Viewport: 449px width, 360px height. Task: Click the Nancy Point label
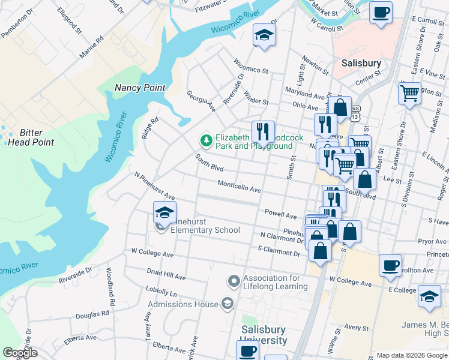pyautogui.click(x=140, y=88)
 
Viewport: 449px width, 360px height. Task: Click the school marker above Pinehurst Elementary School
pyautogui.click(x=164, y=212)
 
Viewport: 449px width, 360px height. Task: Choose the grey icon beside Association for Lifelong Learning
pyautogui.click(x=234, y=281)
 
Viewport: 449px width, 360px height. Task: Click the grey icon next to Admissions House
pyautogui.click(x=227, y=304)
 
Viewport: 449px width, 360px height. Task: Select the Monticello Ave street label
pyautogui.click(x=239, y=187)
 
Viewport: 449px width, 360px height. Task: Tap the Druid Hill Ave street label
pyautogui.click(x=166, y=275)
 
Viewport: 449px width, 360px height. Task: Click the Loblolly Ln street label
pyautogui.click(x=164, y=293)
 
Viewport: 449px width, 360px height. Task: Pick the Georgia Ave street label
pyautogui.click(x=200, y=101)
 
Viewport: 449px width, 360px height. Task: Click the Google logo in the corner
pyautogui.click(x=20, y=353)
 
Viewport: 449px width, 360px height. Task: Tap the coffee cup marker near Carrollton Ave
pyautogui.click(x=390, y=265)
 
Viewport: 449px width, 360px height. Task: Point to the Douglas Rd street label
pyautogui.click(x=92, y=313)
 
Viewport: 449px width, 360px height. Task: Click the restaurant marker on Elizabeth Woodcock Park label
pyautogui.click(x=263, y=131)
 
